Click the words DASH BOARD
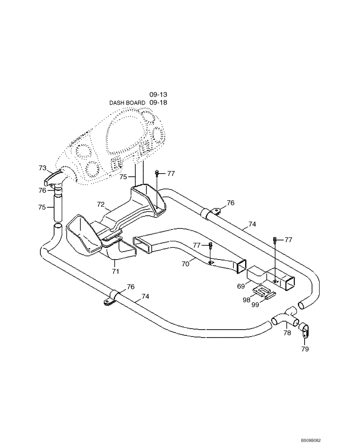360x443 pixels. click(x=127, y=103)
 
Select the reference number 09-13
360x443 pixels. click(x=158, y=95)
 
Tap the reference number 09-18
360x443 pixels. click(x=158, y=103)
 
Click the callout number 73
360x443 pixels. click(x=43, y=168)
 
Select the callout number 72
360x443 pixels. click(x=101, y=205)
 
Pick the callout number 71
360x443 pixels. click(x=115, y=271)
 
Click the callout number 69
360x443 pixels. click(x=241, y=287)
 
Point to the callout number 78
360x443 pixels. click(x=287, y=333)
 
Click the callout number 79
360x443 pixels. click(x=305, y=349)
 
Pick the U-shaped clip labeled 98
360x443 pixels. click(x=261, y=290)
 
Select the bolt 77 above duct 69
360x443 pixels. click(x=275, y=240)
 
